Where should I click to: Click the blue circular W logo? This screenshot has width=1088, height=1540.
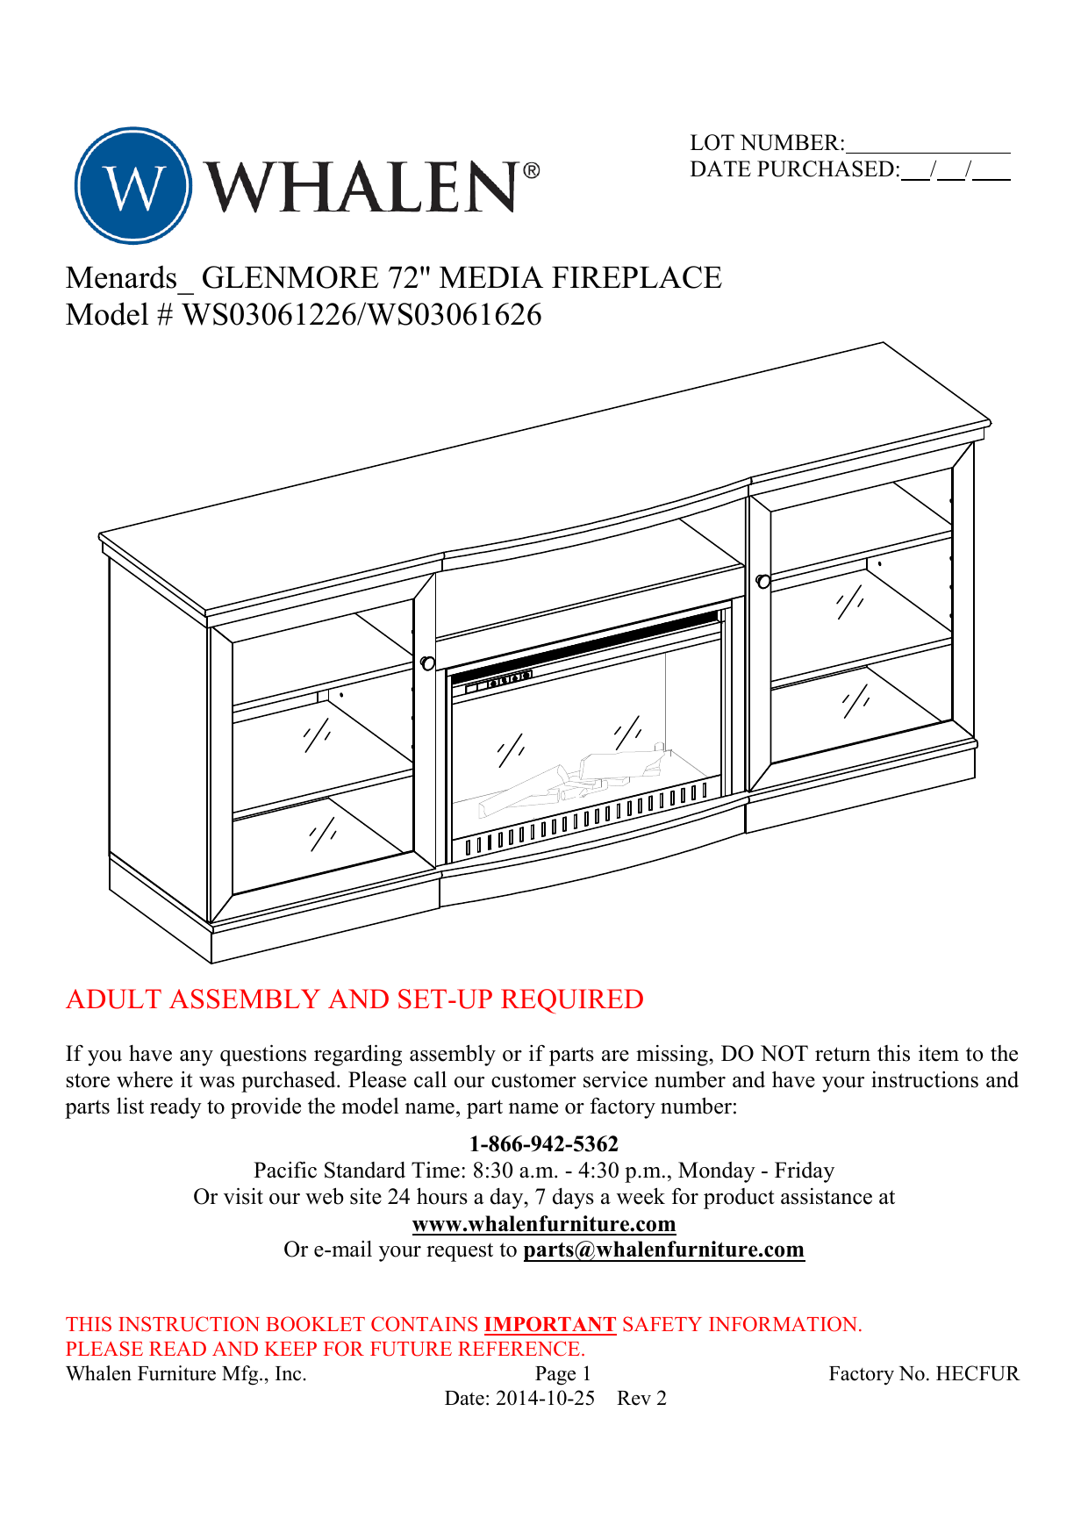pos(133,186)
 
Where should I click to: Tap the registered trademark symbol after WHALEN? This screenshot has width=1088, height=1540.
pos(531,171)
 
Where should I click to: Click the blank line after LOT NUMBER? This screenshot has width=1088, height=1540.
pos(928,145)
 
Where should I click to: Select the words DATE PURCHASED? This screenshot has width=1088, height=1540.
pos(794,169)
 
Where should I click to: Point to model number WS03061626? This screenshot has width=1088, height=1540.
pos(454,315)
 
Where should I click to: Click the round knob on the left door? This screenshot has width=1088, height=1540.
pos(428,663)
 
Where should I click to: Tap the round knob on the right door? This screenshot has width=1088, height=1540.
pos(763,581)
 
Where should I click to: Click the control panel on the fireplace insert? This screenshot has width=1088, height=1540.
pos(498,681)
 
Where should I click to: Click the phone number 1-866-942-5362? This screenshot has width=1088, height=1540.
pos(544,1144)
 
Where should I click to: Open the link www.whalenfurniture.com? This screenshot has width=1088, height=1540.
pos(544,1224)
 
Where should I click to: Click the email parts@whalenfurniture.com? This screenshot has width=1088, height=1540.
pos(663,1250)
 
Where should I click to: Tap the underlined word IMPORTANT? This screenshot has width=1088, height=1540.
pos(550,1324)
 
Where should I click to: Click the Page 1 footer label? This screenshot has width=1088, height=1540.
pos(562,1374)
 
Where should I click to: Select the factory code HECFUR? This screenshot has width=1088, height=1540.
pos(977,1374)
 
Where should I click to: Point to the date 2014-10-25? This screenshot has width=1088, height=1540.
pos(545,1399)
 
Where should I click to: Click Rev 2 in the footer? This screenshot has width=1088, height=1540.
pos(641,1399)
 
